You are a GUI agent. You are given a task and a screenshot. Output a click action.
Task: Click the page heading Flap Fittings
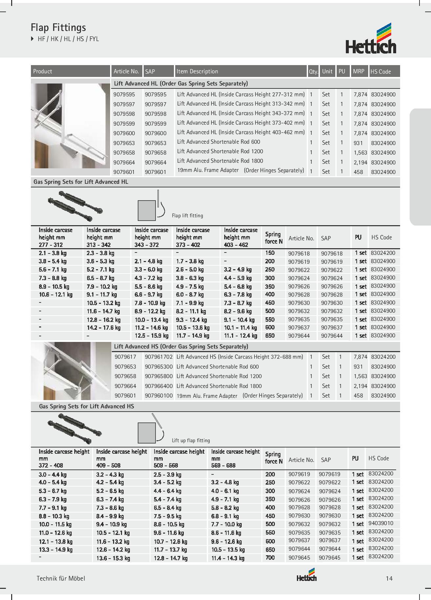58,27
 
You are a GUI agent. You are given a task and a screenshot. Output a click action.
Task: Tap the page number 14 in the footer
389,578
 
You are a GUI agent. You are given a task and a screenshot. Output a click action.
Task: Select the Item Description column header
197,71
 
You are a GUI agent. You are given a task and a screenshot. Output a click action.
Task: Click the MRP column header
359,71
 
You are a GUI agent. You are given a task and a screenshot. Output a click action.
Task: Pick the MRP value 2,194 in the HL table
360,162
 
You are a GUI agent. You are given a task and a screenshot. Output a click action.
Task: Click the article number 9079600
124,133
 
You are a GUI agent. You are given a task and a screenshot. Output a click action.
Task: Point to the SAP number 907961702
158,357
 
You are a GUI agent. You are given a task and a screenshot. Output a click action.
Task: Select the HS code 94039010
381,523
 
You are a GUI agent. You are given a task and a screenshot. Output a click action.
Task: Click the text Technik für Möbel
61,578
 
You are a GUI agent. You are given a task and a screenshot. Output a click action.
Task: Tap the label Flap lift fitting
187,216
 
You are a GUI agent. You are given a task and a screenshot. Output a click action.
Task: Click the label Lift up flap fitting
191,441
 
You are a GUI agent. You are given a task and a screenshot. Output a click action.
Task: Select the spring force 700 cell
270,558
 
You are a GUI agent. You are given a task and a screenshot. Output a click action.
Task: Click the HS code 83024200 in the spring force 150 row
383,253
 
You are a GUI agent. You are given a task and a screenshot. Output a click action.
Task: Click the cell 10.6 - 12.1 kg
55,295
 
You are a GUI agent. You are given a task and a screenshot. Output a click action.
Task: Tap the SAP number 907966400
158,386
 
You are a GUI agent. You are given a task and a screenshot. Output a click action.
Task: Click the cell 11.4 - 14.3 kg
227,558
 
